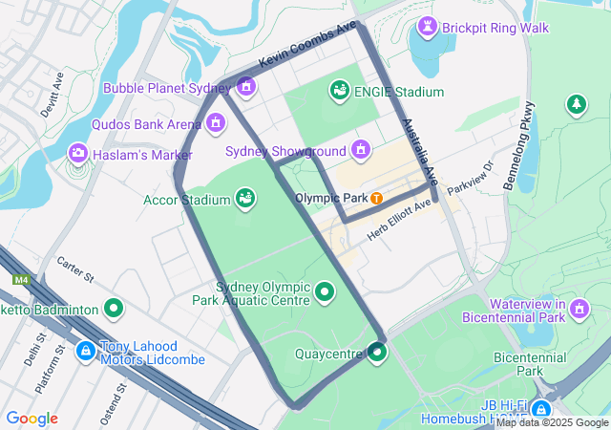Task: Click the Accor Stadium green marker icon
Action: (245, 198)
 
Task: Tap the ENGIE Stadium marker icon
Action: (339, 91)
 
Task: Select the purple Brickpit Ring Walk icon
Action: (427, 27)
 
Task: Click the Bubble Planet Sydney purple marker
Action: (246, 88)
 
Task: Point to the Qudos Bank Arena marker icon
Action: (216, 122)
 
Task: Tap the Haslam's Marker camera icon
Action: (76, 153)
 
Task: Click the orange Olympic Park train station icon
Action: (377, 198)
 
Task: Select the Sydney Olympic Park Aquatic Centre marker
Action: (325, 291)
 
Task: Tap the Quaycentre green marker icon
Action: (377, 354)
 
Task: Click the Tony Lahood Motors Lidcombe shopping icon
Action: (86, 352)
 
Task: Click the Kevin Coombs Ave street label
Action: (306, 44)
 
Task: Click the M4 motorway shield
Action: (21, 280)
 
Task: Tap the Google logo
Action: (32, 419)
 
